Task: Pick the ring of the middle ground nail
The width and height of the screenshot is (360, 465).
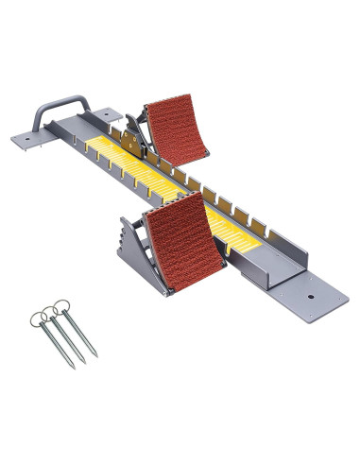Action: [51, 309]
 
